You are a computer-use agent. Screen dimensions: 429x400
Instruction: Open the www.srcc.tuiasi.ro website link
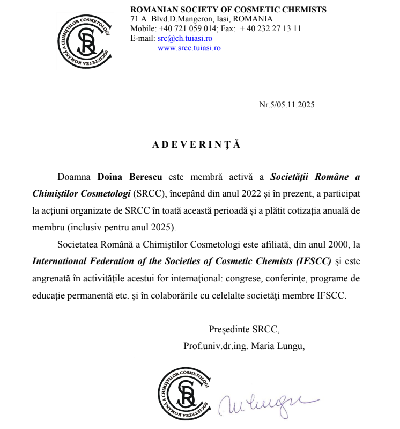[x=189, y=48]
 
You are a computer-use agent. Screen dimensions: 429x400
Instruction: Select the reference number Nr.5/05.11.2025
[x=287, y=105]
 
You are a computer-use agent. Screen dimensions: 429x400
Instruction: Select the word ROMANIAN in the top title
[x=153, y=9]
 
